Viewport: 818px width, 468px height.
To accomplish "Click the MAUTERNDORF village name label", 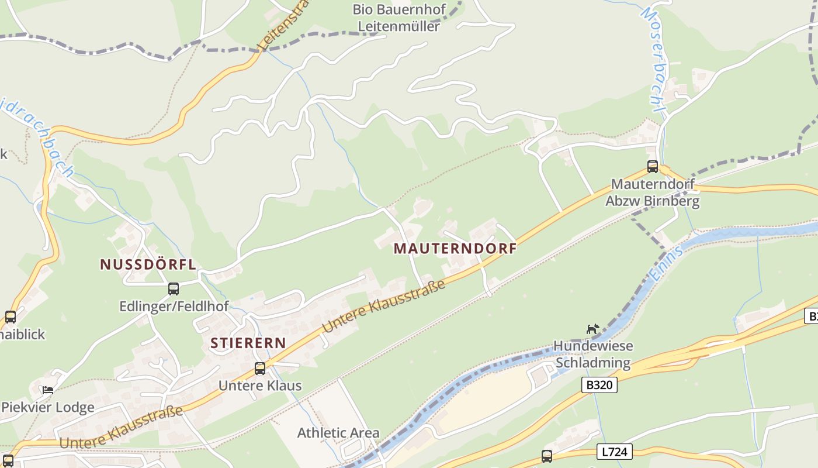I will pyautogui.click(x=455, y=249).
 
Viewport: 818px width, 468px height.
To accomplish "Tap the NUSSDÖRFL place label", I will pyautogui.click(x=148, y=264).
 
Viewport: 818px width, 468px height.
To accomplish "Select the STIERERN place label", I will pyautogui.click(x=248, y=343).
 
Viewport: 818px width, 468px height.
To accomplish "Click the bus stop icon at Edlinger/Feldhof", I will pyautogui.click(x=174, y=288).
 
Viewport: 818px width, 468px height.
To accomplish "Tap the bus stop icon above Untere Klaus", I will pyautogui.click(x=260, y=369).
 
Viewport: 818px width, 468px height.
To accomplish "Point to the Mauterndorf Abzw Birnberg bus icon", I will pyautogui.click(x=653, y=167).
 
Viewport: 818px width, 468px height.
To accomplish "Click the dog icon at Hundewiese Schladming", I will pyautogui.click(x=593, y=329).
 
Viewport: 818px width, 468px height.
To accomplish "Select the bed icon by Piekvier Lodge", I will pyautogui.click(x=48, y=390).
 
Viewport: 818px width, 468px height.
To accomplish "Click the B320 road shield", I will pyautogui.click(x=599, y=385).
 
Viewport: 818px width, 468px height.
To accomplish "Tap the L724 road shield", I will pyautogui.click(x=615, y=452).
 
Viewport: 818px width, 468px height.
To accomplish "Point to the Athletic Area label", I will pyautogui.click(x=338, y=433).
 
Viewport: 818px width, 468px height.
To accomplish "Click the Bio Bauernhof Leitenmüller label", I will pyautogui.click(x=399, y=18).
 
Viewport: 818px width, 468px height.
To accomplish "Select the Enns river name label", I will pyautogui.click(x=667, y=263).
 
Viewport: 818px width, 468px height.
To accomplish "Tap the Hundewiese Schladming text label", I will pyautogui.click(x=593, y=355).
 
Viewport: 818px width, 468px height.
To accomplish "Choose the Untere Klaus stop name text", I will pyautogui.click(x=260, y=386).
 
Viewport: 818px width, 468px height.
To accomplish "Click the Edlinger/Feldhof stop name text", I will pyautogui.click(x=174, y=307).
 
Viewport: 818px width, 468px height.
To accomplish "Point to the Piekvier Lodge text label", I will pyautogui.click(x=48, y=408).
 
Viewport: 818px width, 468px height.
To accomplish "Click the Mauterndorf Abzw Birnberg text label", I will pyautogui.click(x=653, y=193).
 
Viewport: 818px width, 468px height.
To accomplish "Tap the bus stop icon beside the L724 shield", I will pyautogui.click(x=547, y=456).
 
